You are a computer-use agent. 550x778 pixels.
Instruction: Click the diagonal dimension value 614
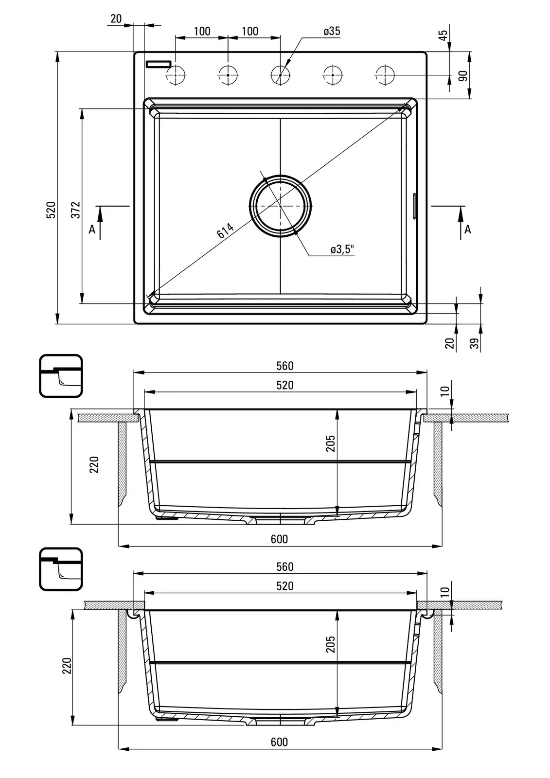tap(225, 230)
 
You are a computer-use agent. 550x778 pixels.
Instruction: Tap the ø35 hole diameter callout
tap(332, 32)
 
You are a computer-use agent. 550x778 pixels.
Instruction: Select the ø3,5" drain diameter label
tap(342, 249)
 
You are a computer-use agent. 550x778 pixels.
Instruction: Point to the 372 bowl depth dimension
tap(76, 209)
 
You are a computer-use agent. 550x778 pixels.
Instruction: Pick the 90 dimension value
tap(462, 75)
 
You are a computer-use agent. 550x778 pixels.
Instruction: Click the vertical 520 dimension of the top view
tap(52, 209)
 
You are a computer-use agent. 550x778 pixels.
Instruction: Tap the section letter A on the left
tap(92, 229)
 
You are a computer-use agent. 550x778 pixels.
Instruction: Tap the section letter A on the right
tap(468, 229)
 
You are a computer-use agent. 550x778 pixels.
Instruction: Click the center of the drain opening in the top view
tap(280, 206)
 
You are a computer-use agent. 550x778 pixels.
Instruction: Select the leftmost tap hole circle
tap(176, 75)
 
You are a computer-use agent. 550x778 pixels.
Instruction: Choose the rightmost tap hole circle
tap(385, 75)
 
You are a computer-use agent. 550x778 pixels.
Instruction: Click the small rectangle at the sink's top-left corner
tap(159, 64)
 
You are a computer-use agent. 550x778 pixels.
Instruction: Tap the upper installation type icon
tap(61, 375)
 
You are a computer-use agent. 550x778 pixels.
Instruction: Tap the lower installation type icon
tap(61, 569)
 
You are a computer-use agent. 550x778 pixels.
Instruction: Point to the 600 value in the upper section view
tap(279, 539)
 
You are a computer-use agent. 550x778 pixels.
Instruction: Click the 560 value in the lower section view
tap(284, 566)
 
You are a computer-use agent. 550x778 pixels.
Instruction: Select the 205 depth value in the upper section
tap(331, 443)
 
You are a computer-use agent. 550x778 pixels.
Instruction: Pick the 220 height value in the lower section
tap(67, 665)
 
